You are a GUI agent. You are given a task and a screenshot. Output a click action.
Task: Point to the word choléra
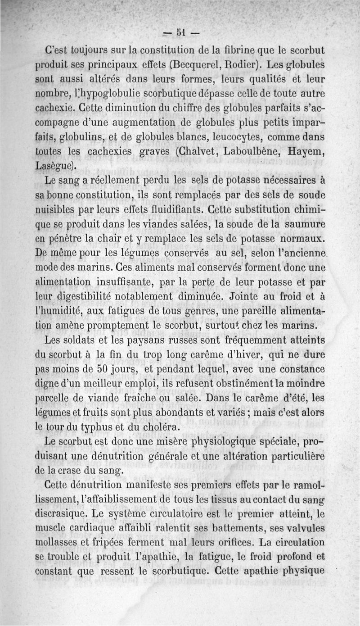pyautogui.click(x=155, y=427)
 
